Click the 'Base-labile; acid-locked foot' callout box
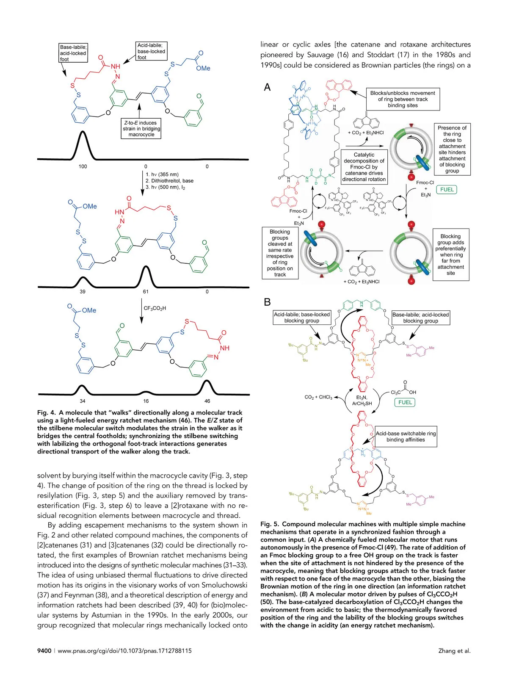73,53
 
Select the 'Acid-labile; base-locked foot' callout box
151,51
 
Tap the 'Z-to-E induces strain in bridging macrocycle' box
141,129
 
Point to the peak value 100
83,166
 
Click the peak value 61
146,292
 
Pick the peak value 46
207,401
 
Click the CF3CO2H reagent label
155,308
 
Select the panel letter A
267,87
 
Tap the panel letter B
267,302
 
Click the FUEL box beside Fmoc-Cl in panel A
447,190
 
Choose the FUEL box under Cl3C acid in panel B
405,402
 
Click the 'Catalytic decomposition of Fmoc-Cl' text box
364,167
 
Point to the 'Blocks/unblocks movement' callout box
402,99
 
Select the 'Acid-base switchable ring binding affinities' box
406,437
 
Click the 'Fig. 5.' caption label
269,524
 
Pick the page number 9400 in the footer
44,651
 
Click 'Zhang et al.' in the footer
454,651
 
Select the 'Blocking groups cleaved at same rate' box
280,253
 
